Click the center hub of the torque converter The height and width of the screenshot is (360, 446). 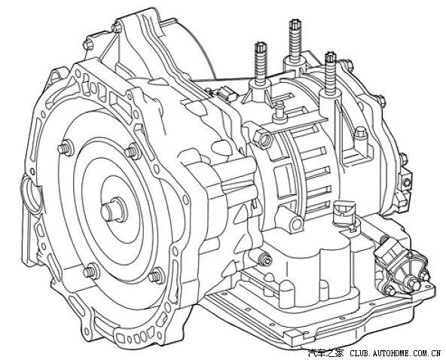point(113,210)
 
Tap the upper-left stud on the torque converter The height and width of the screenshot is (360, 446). point(65,148)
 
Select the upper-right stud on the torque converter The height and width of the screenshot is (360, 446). point(133,152)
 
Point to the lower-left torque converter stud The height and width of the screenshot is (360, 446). point(91,271)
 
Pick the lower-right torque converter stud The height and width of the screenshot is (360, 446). point(157,276)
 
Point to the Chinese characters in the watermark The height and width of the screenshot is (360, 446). point(325,353)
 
